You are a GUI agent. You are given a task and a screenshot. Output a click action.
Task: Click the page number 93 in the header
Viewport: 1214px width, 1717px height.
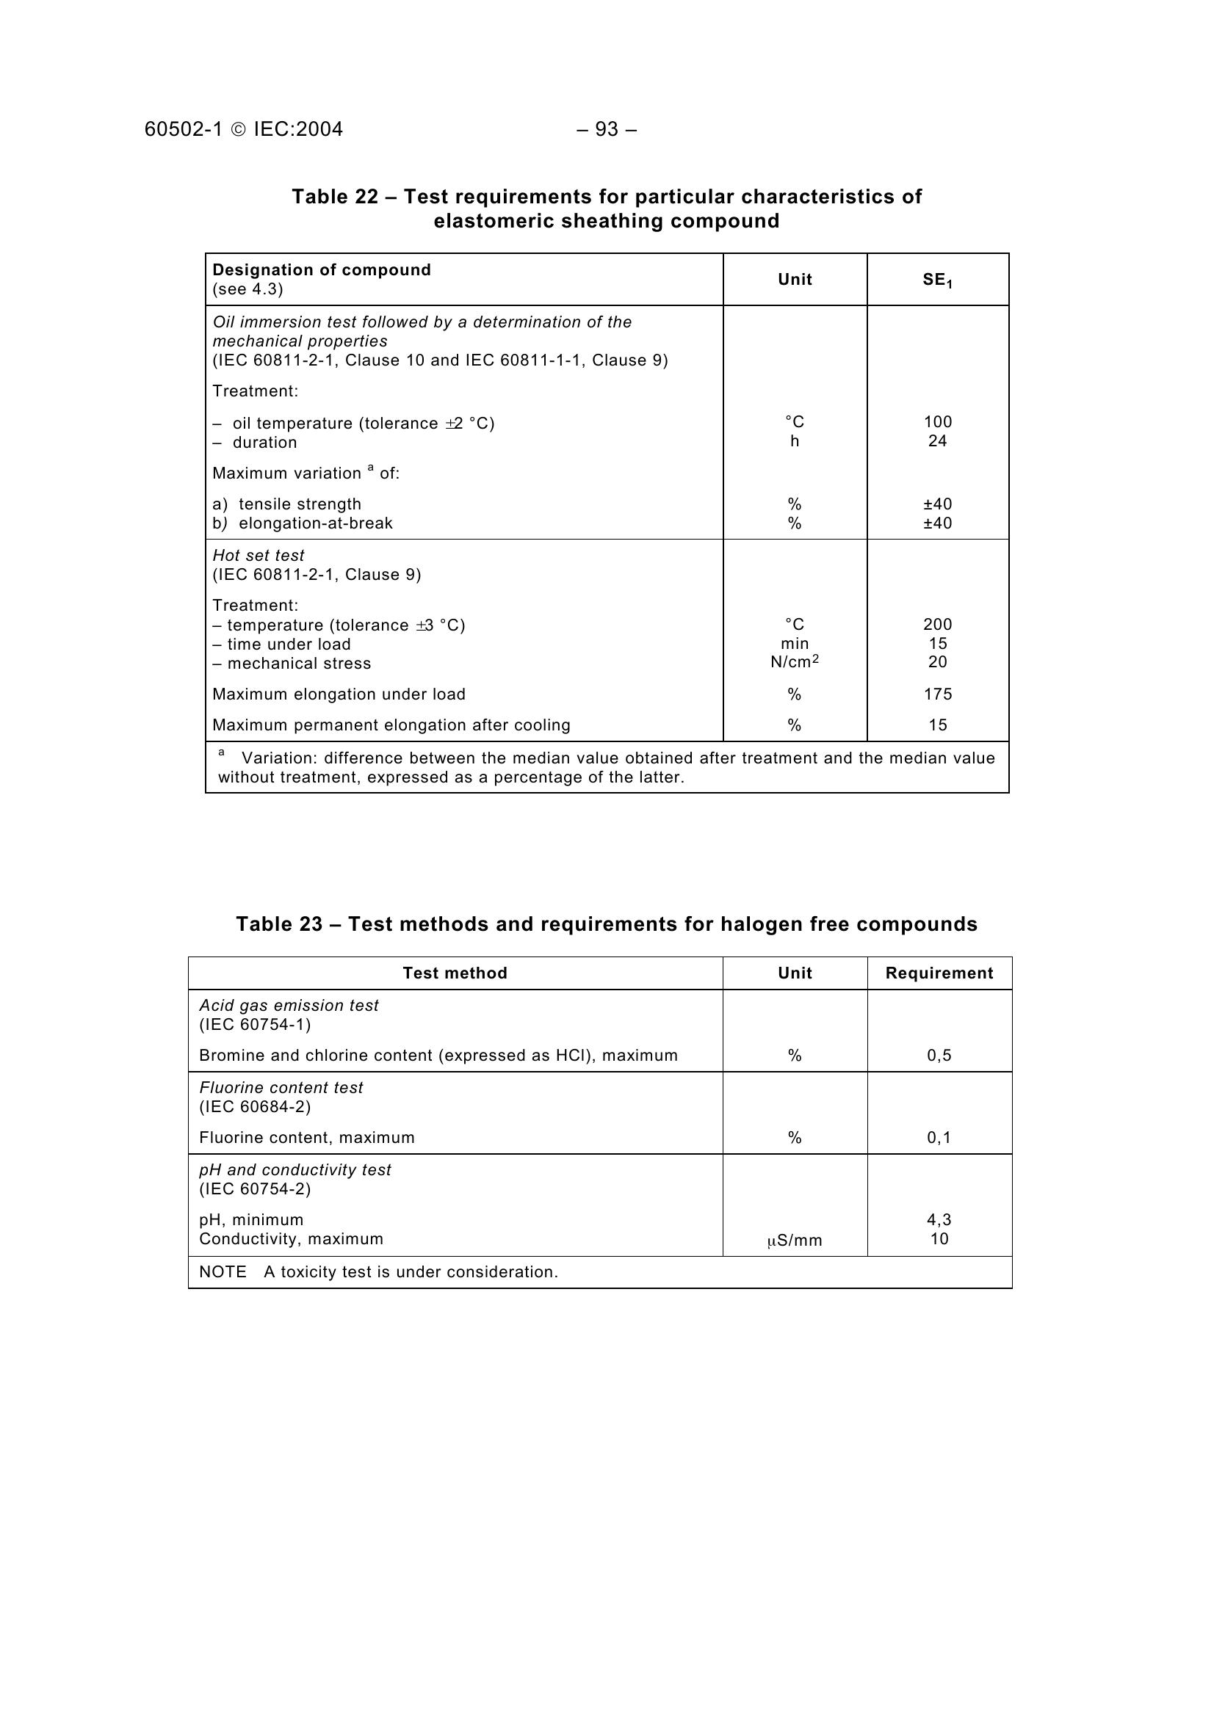(607, 129)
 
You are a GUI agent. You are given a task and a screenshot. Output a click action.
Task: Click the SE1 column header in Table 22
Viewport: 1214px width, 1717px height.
(937, 280)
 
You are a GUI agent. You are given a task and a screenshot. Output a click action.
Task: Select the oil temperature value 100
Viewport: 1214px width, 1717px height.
(937, 422)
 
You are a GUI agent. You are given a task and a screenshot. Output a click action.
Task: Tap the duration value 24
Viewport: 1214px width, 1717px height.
(937, 441)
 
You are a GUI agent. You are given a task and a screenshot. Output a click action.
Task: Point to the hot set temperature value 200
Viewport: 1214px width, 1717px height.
(937, 625)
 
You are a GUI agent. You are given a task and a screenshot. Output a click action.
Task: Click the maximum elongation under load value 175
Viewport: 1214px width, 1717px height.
(937, 694)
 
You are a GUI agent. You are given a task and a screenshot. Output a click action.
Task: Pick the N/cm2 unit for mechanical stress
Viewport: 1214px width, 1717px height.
(795, 662)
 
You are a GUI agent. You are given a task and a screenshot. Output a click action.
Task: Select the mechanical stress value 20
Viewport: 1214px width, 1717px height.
(937, 662)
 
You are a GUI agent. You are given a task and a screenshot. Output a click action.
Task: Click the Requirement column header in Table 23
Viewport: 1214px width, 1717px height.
(939, 973)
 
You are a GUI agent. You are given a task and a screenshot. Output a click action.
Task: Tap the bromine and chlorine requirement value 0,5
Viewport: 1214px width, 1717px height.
(939, 1055)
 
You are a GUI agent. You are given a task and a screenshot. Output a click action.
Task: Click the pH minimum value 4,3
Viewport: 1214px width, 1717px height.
(939, 1220)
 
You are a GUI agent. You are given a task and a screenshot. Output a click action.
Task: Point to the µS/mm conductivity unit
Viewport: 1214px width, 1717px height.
(795, 1241)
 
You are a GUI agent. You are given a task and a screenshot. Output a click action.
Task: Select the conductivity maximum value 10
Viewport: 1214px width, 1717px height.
(939, 1239)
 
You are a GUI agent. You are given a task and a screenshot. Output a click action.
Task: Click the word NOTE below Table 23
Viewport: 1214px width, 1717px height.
(222, 1272)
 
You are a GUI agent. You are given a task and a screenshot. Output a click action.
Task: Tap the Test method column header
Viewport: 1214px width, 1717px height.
(455, 973)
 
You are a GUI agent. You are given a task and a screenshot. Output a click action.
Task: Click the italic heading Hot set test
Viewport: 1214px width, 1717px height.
(258, 556)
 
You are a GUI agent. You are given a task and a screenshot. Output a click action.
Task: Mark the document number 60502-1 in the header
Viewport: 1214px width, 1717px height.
(184, 129)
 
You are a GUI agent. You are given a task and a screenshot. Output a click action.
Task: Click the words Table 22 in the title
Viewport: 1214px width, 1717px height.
(334, 197)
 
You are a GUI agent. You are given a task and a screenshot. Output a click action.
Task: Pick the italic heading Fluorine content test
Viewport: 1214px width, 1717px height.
(281, 1088)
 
